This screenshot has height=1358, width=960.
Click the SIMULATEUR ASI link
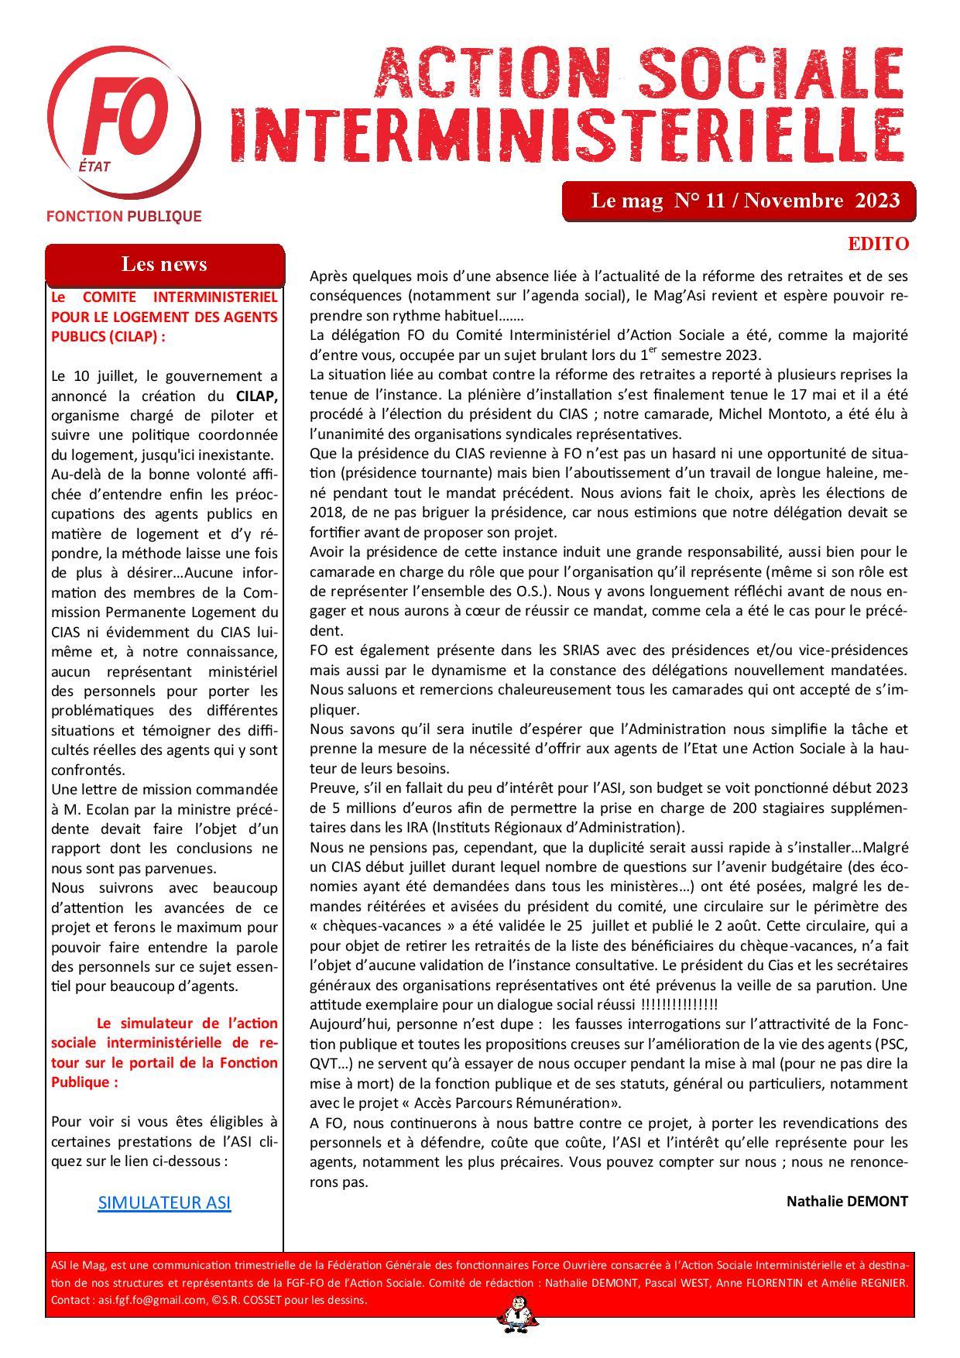164,1202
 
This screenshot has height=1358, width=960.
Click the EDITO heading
878,244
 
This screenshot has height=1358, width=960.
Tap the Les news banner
164,264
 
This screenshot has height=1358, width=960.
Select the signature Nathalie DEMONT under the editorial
847,1201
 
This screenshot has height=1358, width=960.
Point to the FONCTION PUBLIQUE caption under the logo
124,216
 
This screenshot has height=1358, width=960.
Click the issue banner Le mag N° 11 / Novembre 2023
745,201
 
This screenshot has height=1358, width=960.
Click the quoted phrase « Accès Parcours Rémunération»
479,1103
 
